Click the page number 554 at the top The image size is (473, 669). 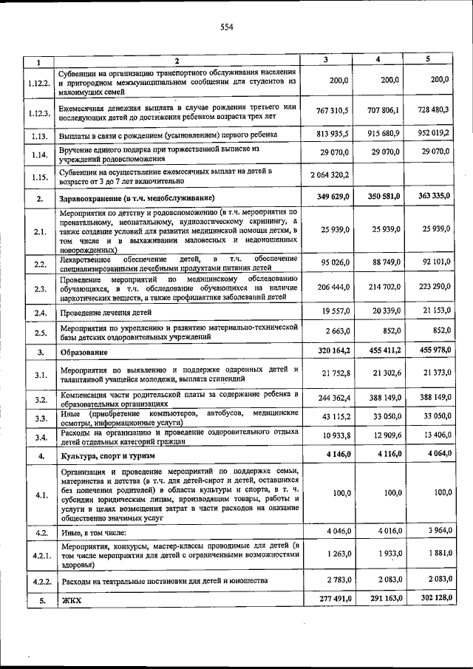pos(226,27)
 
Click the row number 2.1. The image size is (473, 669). pos(39,231)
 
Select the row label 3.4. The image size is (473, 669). pos(39,438)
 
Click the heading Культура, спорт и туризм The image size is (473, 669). pos(107,456)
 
